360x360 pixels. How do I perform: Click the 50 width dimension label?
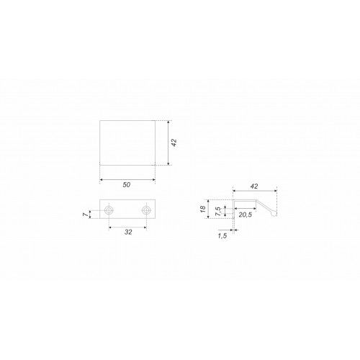coord(127,185)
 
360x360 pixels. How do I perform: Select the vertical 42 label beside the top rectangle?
coord(174,143)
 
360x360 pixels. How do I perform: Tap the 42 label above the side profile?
coord(254,186)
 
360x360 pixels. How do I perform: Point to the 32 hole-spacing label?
coord(128,232)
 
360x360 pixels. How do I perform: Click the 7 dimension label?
coord(86,215)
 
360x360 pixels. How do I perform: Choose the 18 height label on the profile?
coord(203,209)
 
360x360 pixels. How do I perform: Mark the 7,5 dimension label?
coord(218,212)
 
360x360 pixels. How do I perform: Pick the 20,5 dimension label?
coord(246,215)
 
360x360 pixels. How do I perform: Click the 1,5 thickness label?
coord(222,236)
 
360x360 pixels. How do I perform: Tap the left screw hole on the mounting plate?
coord(109,210)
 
